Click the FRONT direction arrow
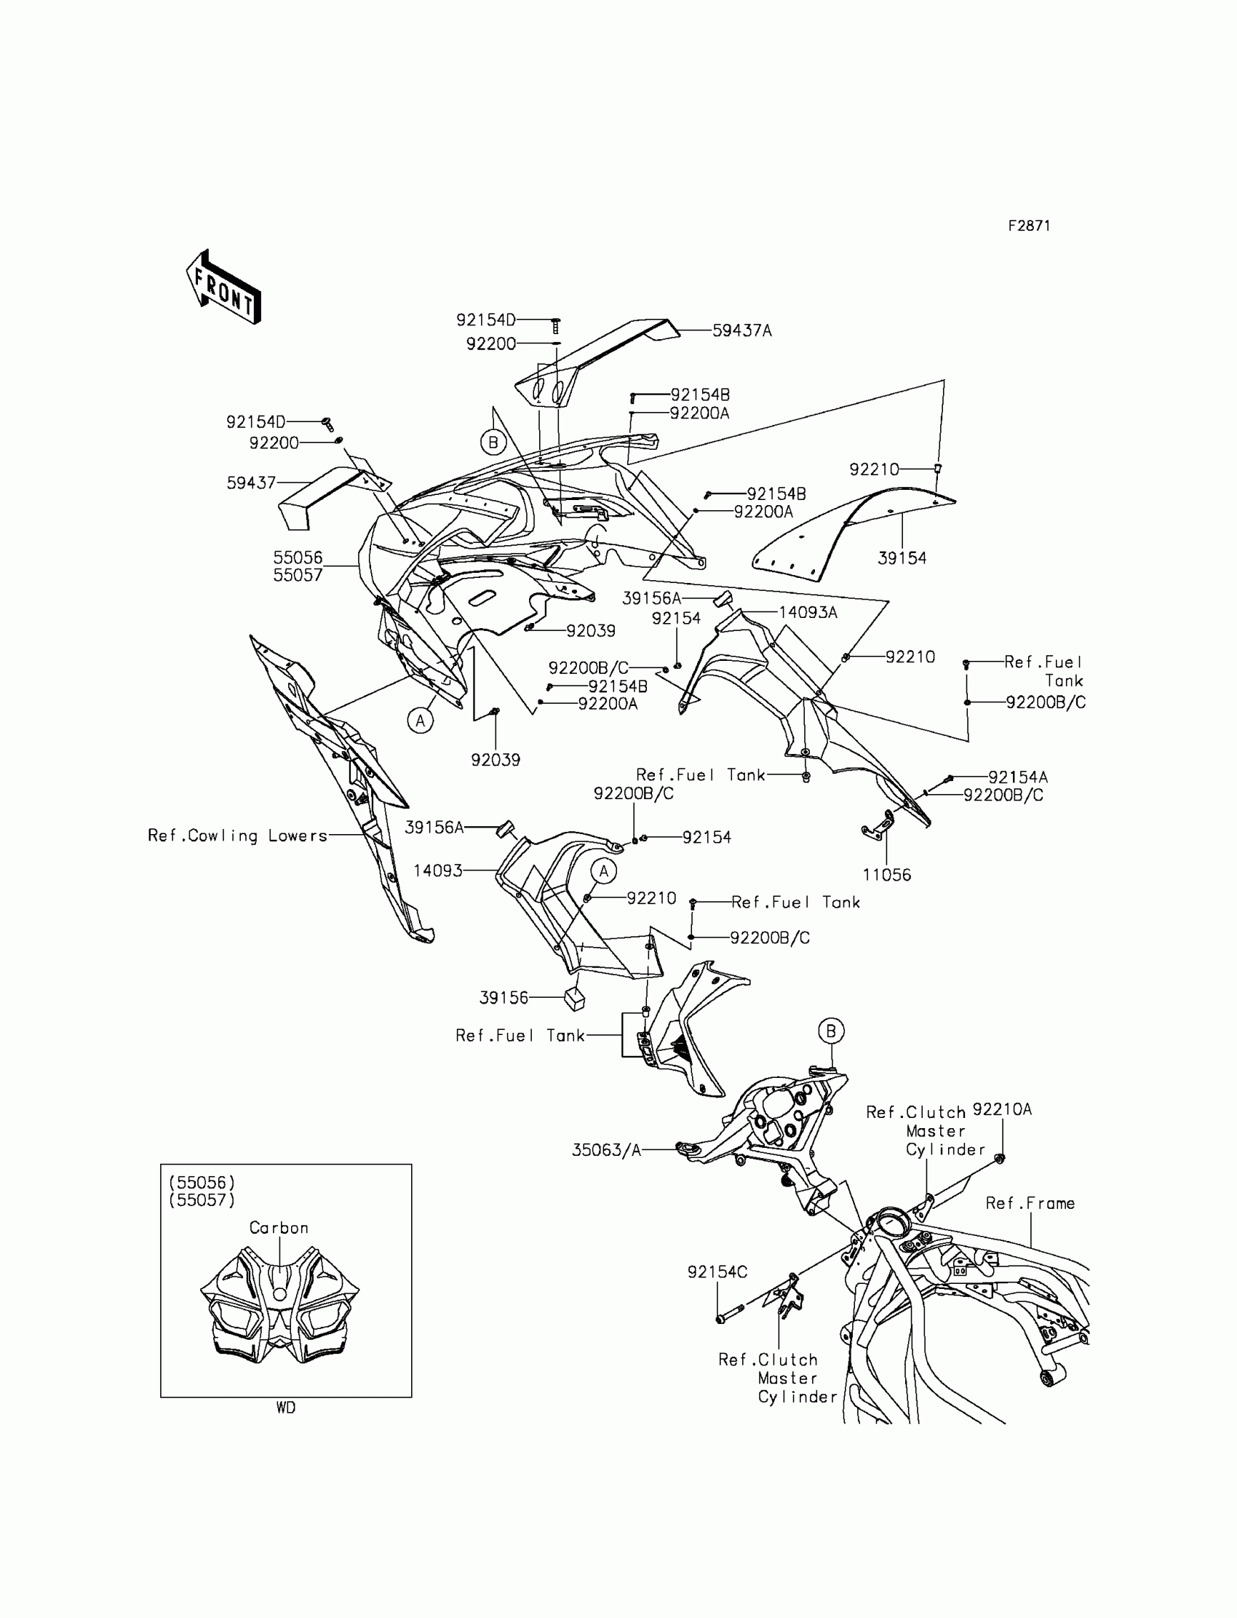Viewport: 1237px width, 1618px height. click(x=223, y=287)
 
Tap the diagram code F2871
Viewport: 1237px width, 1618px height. click(x=1029, y=226)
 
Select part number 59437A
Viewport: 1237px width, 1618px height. click(x=741, y=331)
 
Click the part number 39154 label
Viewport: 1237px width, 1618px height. click(x=902, y=558)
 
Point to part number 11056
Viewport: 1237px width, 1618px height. click(x=886, y=875)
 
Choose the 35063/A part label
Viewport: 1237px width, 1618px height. click(x=606, y=1150)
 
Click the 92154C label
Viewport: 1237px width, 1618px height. click(x=717, y=1272)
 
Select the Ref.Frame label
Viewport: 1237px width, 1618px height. click(x=1030, y=1203)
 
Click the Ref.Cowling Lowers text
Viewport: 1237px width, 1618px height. click(x=237, y=836)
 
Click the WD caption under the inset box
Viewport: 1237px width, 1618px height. click(x=286, y=1408)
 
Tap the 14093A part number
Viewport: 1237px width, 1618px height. click(x=808, y=613)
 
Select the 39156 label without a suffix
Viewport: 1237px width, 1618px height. click(x=504, y=998)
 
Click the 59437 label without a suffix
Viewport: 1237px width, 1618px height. click(x=251, y=483)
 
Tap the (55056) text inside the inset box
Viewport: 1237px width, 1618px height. click(x=202, y=1183)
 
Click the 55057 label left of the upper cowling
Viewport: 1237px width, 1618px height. click(x=298, y=575)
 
